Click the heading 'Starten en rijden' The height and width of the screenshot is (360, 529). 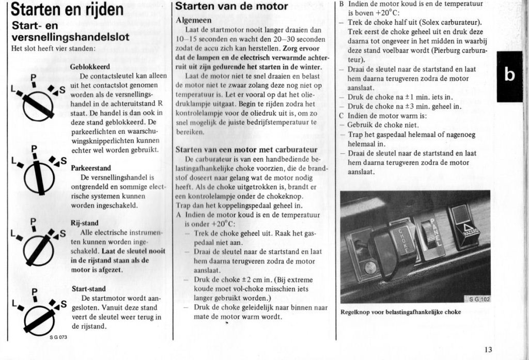pos(67,9)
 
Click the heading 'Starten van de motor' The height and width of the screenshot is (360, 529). pos(231,7)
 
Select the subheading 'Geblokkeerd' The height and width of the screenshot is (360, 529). pos(90,67)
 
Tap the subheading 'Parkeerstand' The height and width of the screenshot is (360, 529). pos(90,168)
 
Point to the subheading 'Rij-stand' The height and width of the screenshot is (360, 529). pos(84,223)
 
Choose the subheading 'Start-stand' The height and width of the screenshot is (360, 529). pos(88,289)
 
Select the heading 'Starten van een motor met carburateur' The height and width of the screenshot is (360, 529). pos(246,149)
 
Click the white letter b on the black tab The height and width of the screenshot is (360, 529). pos(509,75)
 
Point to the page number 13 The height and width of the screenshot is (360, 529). pos(488,349)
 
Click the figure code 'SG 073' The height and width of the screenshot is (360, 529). pos(58,337)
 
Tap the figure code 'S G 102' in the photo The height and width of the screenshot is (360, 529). pos(478,299)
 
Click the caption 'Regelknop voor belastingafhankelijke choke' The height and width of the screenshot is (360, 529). pos(401,312)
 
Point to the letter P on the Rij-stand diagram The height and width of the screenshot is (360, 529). pos(33,223)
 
